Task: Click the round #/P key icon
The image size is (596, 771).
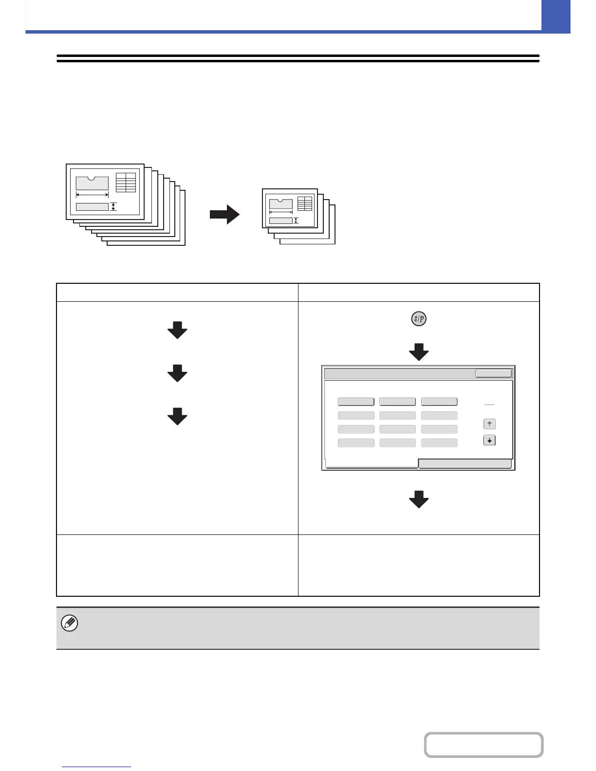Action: [x=419, y=320]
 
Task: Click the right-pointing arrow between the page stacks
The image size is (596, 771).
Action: [x=225, y=215]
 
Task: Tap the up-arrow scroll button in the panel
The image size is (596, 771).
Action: [x=489, y=424]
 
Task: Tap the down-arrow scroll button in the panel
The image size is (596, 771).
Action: [x=489, y=441]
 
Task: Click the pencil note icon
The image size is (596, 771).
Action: [x=70, y=624]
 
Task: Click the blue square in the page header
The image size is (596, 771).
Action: [x=556, y=17]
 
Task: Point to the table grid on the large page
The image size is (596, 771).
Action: [x=126, y=183]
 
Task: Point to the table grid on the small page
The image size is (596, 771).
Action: [x=305, y=204]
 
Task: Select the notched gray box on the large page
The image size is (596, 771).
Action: [x=92, y=183]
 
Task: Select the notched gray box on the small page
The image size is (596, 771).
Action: [x=281, y=203]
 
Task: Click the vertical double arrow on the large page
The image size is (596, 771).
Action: [x=113, y=207]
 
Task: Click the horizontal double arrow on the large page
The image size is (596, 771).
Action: [x=92, y=195]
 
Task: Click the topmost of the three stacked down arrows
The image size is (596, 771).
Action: [x=177, y=330]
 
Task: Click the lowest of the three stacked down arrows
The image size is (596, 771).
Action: [x=177, y=417]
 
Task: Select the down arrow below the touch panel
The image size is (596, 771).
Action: [x=419, y=499]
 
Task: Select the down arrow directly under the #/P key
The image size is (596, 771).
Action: [x=419, y=352]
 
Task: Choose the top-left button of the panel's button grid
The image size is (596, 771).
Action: [x=356, y=402]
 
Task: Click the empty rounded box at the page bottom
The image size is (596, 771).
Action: [x=484, y=745]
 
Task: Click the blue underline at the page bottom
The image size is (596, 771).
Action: [x=97, y=767]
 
